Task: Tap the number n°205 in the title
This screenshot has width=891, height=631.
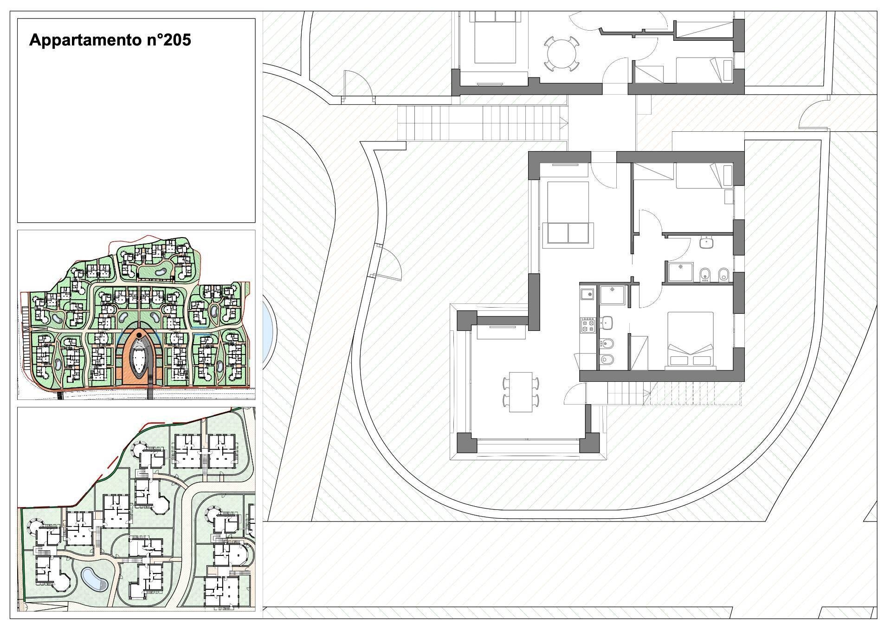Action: coord(167,40)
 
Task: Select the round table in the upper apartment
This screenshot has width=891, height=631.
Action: coord(562,54)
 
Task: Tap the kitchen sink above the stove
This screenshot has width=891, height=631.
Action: coord(588,294)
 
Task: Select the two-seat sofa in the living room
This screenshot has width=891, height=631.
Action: coord(568,232)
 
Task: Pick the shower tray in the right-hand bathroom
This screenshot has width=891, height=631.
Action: coord(680,272)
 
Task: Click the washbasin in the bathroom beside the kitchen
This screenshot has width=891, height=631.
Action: coord(607,322)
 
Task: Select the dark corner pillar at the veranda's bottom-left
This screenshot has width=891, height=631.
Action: coord(467,443)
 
